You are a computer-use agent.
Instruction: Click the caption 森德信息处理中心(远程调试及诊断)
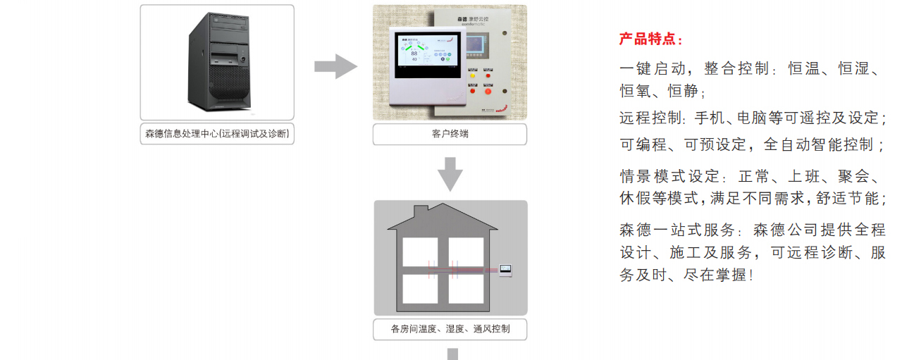[217, 134]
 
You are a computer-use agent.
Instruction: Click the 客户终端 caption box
[450, 134]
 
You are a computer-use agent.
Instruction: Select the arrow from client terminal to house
[450, 173]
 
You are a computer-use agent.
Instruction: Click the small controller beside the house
[505, 270]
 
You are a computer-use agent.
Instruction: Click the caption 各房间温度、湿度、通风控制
[450, 328]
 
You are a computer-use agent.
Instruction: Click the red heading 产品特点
[650, 39]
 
